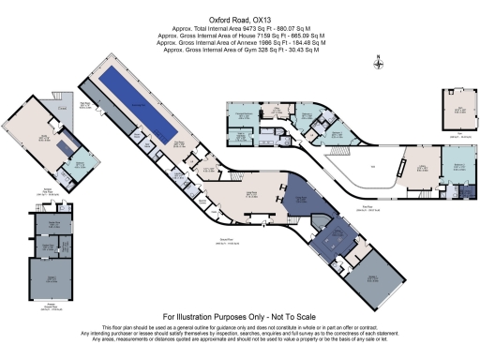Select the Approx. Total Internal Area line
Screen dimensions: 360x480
(240, 29)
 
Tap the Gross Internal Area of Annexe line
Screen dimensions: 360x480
(240, 42)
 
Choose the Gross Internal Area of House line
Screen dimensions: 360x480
(240, 36)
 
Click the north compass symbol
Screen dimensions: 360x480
(377, 64)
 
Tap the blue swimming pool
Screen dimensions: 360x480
(140, 99)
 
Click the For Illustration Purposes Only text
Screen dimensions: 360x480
(240, 317)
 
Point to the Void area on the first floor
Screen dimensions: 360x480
(372, 168)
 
